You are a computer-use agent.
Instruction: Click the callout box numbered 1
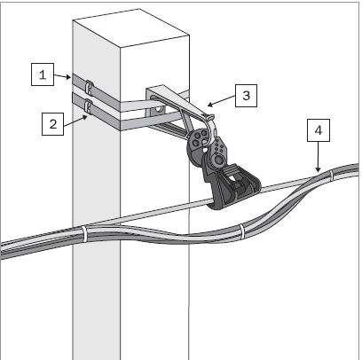(x=43, y=74)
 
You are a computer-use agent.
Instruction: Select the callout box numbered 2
(x=52, y=124)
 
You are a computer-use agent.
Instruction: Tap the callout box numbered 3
(x=246, y=96)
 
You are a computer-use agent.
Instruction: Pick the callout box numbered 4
(x=319, y=130)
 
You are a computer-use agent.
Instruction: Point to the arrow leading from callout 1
(x=62, y=76)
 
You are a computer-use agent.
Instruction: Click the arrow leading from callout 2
(x=75, y=121)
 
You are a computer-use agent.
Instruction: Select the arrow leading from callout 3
(x=222, y=100)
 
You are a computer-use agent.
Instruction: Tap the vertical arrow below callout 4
(x=319, y=157)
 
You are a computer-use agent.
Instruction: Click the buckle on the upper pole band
(x=89, y=86)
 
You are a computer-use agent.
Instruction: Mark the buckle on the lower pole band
(x=88, y=106)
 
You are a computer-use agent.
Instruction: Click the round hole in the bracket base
(x=159, y=109)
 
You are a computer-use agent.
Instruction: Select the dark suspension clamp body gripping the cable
(x=233, y=184)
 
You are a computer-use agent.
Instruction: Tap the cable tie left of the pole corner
(x=84, y=233)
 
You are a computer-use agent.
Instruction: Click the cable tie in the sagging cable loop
(x=242, y=232)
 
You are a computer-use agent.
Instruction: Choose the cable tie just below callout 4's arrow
(x=331, y=176)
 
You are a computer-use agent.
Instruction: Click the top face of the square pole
(x=131, y=28)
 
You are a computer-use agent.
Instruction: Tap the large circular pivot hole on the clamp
(x=219, y=160)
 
